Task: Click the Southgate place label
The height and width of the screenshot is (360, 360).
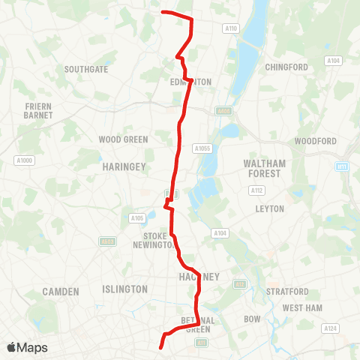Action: pyautogui.click(x=86, y=69)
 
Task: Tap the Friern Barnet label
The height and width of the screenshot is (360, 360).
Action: pyautogui.click(x=38, y=111)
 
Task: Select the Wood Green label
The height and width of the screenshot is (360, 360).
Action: pyautogui.click(x=124, y=139)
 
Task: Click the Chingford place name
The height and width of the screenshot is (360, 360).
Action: pyautogui.click(x=286, y=67)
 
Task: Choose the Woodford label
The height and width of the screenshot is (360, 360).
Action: pyautogui.click(x=314, y=141)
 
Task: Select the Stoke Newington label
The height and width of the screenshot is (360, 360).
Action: pyautogui.click(x=154, y=240)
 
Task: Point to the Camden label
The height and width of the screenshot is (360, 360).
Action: pyautogui.click(x=61, y=291)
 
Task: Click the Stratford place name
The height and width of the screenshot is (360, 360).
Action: pyautogui.click(x=287, y=291)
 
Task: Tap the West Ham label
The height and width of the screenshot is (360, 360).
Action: pyautogui.click(x=301, y=308)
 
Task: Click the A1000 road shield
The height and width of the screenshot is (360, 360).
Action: pyautogui.click(x=25, y=160)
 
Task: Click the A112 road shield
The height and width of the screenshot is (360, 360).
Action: pyautogui.click(x=257, y=190)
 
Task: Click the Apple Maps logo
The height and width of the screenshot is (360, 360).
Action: pyautogui.click(x=27, y=348)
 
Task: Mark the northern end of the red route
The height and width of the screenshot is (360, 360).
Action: pyautogui.click(x=163, y=12)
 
